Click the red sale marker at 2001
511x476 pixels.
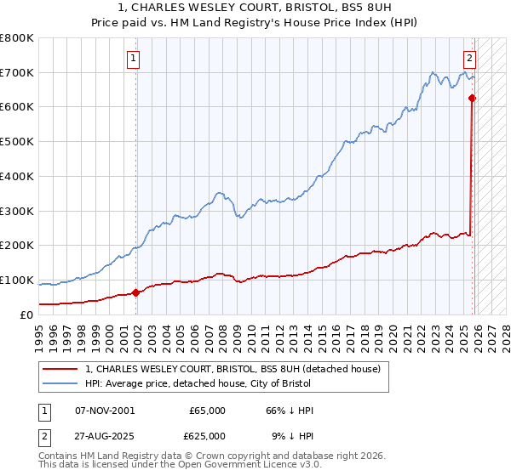click(136, 292)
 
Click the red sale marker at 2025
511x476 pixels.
click(473, 98)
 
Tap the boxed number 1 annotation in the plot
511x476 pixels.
click(135, 59)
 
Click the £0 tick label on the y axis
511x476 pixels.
click(26, 314)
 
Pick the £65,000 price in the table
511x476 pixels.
click(208, 411)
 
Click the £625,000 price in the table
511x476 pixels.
click(208, 436)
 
